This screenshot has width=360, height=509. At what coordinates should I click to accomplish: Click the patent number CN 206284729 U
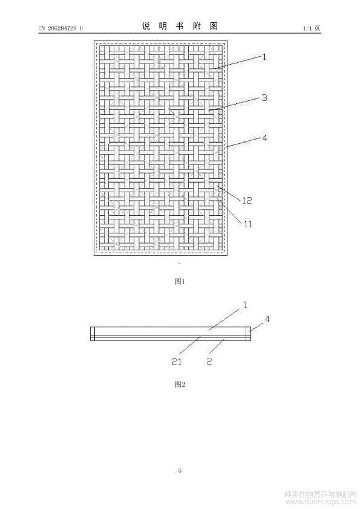click(61, 28)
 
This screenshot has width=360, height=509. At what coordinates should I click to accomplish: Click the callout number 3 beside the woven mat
click(264, 98)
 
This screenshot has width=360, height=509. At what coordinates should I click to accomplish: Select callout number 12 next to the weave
click(247, 200)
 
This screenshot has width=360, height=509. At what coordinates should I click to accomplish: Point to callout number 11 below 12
click(247, 224)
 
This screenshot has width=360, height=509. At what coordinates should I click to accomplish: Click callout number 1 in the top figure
click(264, 57)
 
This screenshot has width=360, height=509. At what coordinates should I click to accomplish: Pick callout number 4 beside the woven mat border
click(264, 138)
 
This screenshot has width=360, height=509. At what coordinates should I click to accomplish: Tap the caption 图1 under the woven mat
click(180, 282)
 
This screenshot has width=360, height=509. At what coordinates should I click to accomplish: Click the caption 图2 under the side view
click(180, 384)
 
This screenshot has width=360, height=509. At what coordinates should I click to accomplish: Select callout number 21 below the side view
click(177, 361)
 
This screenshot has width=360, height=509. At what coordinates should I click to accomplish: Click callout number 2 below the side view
click(209, 361)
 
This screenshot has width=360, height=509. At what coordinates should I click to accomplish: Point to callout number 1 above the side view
click(245, 305)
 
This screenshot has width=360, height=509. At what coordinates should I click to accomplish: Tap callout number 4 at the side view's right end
click(267, 319)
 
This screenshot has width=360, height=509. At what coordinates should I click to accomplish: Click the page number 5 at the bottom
click(180, 470)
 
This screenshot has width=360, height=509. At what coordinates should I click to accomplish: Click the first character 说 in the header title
click(146, 26)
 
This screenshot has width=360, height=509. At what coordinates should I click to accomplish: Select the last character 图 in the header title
click(214, 26)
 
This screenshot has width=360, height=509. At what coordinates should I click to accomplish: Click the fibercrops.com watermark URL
click(320, 502)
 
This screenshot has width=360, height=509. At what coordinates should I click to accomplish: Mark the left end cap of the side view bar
click(92, 334)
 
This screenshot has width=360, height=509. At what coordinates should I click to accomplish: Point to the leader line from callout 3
click(235, 104)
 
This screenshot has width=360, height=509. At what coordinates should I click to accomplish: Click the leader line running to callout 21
click(190, 345)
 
